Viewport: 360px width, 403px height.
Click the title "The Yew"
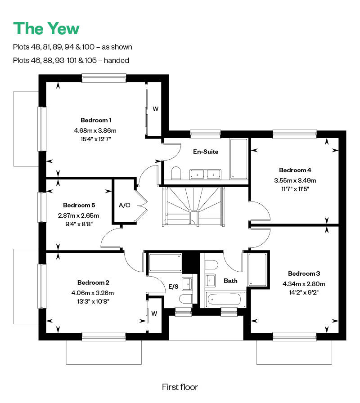[46, 28]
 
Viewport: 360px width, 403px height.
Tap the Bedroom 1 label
[96, 120]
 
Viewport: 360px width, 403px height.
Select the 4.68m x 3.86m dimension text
[95, 130]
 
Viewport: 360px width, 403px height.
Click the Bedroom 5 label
[79, 205]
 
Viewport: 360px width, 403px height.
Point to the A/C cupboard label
[125, 205]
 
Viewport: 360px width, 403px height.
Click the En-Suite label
[206, 152]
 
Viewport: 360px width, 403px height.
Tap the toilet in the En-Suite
[176, 173]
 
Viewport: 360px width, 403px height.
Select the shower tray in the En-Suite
[238, 159]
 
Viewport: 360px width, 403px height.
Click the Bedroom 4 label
[295, 170]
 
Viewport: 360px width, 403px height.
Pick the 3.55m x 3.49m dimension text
[295, 180]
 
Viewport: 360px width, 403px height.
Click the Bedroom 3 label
[304, 273]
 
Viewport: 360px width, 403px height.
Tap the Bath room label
[230, 281]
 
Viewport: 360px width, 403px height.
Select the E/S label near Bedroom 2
[173, 287]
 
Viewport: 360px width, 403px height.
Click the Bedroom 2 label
[93, 282]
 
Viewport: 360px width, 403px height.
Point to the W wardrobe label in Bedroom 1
[155, 109]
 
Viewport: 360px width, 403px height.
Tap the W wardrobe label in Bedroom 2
[154, 313]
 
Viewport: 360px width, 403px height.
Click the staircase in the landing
[193, 206]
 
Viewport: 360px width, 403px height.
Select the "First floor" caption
[180, 387]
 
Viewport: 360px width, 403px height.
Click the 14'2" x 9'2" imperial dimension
[304, 292]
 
